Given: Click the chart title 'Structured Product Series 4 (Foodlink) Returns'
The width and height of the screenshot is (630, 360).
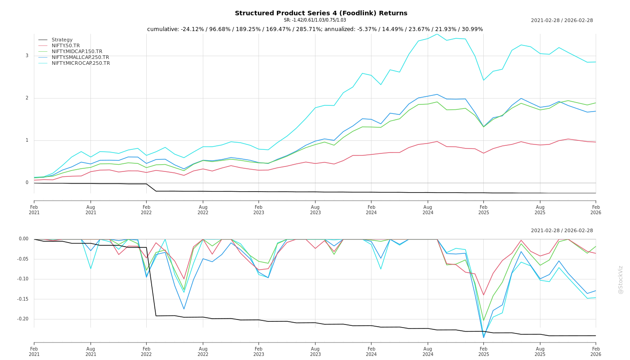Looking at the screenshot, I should click(x=321, y=13).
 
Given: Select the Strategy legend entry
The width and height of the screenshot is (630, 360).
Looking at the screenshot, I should click(x=62, y=40).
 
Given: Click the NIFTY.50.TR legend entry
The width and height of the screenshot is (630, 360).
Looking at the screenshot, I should click(x=66, y=46).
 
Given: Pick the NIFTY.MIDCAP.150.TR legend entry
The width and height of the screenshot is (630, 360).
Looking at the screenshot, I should click(x=77, y=52).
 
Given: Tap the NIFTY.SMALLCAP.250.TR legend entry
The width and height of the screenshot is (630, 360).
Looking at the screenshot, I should click(x=80, y=58).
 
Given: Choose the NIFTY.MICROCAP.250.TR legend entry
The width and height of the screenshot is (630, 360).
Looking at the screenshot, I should click(x=81, y=63).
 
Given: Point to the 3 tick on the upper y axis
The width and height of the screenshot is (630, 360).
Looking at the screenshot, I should click(x=27, y=56).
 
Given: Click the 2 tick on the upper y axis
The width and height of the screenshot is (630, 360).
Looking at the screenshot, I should click(x=27, y=98).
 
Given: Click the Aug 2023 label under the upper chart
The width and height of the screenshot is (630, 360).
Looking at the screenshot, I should click(x=315, y=210).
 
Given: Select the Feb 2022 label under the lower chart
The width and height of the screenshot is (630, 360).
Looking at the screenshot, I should click(x=146, y=351).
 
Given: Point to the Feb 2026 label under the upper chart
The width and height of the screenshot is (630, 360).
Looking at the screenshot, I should click(x=596, y=210).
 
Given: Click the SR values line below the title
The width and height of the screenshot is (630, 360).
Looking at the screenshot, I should click(x=315, y=20).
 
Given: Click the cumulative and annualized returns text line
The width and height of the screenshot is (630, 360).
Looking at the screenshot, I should click(x=315, y=29).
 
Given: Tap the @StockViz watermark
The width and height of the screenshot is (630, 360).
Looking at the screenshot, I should click(x=621, y=279).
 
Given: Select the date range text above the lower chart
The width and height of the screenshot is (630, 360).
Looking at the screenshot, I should click(x=562, y=231).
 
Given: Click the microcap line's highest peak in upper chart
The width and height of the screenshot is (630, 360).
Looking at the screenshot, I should click(x=436, y=34).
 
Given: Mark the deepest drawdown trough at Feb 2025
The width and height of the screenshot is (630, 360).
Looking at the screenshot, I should click(x=484, y=337).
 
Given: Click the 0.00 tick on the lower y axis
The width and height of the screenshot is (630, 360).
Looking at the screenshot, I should click(x=23, y=239).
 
